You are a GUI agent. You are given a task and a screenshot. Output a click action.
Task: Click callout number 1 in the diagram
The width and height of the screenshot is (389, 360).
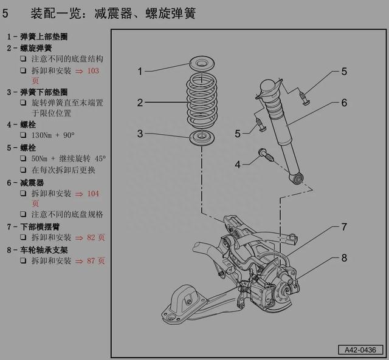pos(140,72)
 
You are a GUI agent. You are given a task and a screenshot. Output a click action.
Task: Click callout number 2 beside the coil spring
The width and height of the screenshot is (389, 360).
pos(140,103)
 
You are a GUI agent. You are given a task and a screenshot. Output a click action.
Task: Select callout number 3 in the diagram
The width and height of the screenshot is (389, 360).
pos(140,134)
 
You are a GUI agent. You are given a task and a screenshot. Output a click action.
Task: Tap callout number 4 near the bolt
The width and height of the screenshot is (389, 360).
pos(238,163)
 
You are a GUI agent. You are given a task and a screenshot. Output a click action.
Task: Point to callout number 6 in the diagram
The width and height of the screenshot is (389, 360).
pos(344,103)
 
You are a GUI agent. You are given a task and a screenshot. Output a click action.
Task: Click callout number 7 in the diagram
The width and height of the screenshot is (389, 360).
pos(344,227)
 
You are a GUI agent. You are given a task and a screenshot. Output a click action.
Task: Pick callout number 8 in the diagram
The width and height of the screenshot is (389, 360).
pos(344,258)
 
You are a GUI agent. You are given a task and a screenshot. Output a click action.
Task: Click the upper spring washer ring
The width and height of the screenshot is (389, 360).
pos(200,63)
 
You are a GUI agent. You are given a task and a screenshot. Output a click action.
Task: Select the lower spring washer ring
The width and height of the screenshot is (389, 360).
pos(200,137)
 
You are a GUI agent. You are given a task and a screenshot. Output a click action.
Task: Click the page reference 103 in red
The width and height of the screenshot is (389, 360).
pos(92,71)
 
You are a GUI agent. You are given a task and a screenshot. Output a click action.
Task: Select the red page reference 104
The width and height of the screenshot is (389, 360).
pos(92,194)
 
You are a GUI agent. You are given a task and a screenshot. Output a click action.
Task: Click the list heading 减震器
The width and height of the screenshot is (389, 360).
pos(32,182)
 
